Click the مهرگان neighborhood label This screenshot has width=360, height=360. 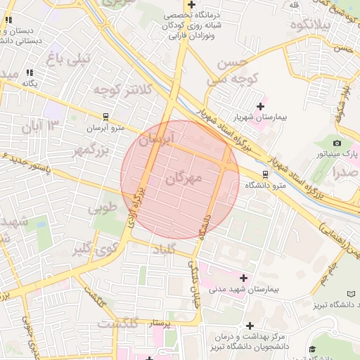[x=184, y=179]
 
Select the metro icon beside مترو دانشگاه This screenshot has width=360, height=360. [x=265, y=174]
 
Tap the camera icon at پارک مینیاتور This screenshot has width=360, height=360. [x=337, y=143]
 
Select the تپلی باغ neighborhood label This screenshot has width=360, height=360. [x=69, y=59]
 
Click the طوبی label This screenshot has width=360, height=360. [x=103, y=209]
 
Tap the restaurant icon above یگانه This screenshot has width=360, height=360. [x=29, y=72]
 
